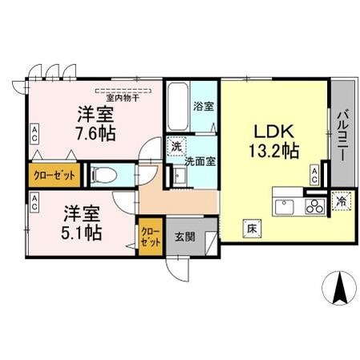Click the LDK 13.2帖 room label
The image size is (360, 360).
click(x=277, y=140)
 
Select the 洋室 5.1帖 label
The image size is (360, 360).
click(x=83, y=224)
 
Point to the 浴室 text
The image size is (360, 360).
click(x=204, y=106)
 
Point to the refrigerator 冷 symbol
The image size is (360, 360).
click(x=340, y=204)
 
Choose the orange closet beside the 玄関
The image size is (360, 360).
click(x=150, y=237)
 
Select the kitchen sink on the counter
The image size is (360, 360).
click(x=285, y=207)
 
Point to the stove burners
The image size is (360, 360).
click(x=313, y=207)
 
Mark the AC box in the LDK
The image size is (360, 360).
click(x=314, y=173)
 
